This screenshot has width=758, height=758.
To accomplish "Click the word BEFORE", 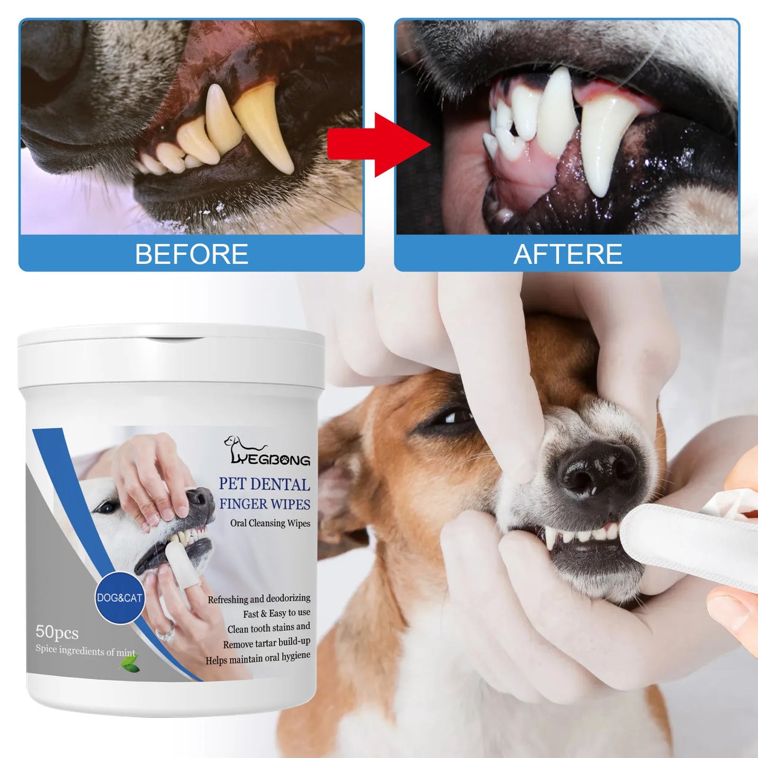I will [x=191, y=254].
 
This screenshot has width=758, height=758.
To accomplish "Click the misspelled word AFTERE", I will [x=568, y=254].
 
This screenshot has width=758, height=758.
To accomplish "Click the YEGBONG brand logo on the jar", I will [x=268, y=452].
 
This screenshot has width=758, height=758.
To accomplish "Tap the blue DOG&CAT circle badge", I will [x=120, y=597].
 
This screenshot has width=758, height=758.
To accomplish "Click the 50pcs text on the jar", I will [x=57, y=632].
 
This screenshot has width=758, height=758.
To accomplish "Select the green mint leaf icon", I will [x=129, y=664].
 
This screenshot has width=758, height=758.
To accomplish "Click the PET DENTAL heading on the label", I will [x=264, y=484].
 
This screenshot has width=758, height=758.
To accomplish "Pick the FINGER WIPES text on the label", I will [x=264, y=504].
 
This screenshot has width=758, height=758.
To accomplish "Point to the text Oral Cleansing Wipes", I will [x=270, y=523].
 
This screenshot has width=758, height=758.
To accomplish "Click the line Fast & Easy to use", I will [x=276, y=613].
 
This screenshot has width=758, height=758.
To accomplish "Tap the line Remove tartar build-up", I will [x=266, y=643].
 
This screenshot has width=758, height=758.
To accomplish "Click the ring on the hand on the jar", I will [x=165, y=634].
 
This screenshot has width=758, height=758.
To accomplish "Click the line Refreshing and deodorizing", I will [x=259, y=599].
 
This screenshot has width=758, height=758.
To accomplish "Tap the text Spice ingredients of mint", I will [x=85, y=650].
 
